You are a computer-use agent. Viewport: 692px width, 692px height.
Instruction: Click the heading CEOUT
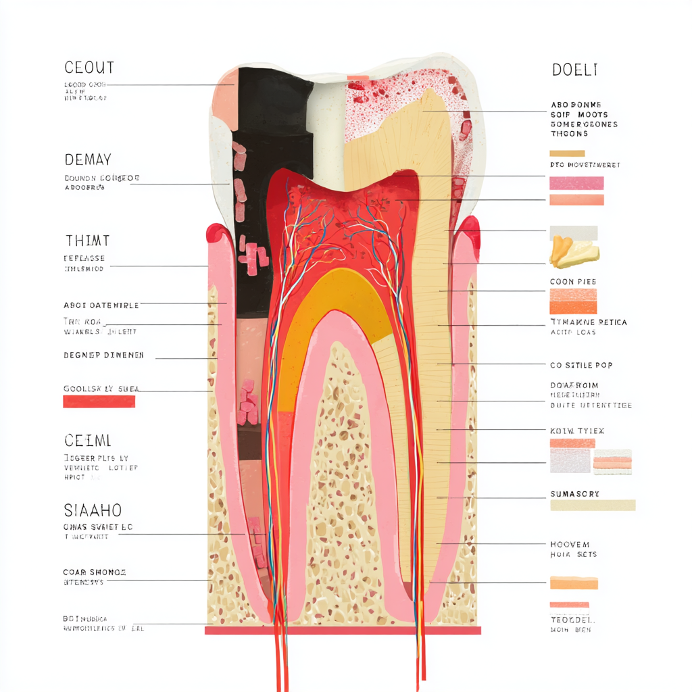click(89, 68)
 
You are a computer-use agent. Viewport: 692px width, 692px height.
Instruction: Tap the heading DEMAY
click(88, 160)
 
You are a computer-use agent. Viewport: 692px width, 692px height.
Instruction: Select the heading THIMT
click(87, 241)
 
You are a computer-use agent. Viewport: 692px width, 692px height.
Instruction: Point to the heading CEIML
click(88, 441)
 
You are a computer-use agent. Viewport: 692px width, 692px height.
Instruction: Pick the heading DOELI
click(574, 70)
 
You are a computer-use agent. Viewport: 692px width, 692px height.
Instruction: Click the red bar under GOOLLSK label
click(99, 401)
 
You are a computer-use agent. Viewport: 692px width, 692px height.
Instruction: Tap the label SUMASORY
click(575, 494)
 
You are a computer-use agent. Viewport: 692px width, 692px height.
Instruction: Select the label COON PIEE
click(573, 281)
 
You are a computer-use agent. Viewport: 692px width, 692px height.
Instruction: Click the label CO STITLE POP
click(581, 365)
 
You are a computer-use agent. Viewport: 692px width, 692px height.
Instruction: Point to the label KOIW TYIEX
click(577, 430)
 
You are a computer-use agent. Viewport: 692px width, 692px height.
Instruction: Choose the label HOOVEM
click(570, 544)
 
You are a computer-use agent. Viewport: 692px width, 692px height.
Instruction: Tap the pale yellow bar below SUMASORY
click(593, 505)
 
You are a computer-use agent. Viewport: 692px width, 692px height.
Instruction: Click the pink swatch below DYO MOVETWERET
click(576, 183)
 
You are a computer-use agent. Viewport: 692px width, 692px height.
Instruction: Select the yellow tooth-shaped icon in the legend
click(573, 251)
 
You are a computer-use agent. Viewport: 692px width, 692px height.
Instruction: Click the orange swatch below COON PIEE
click(573, 301)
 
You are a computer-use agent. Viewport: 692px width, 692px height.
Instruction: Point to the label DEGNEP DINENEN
click(103, 355)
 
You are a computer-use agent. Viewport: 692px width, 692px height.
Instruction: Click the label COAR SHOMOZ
click(94, 572)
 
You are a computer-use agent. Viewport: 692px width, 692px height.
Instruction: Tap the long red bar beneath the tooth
click(343, 631)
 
